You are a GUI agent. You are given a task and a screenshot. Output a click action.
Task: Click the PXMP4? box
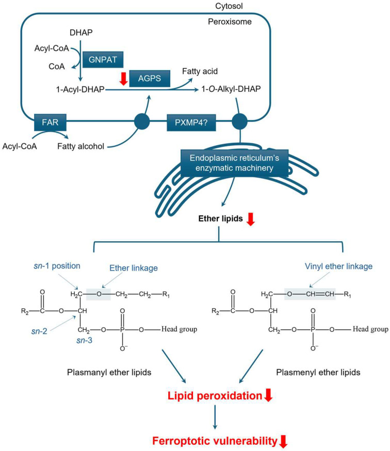[x=191, y=124]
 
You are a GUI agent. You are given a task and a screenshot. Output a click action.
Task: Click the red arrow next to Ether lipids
[x=251, y=220]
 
